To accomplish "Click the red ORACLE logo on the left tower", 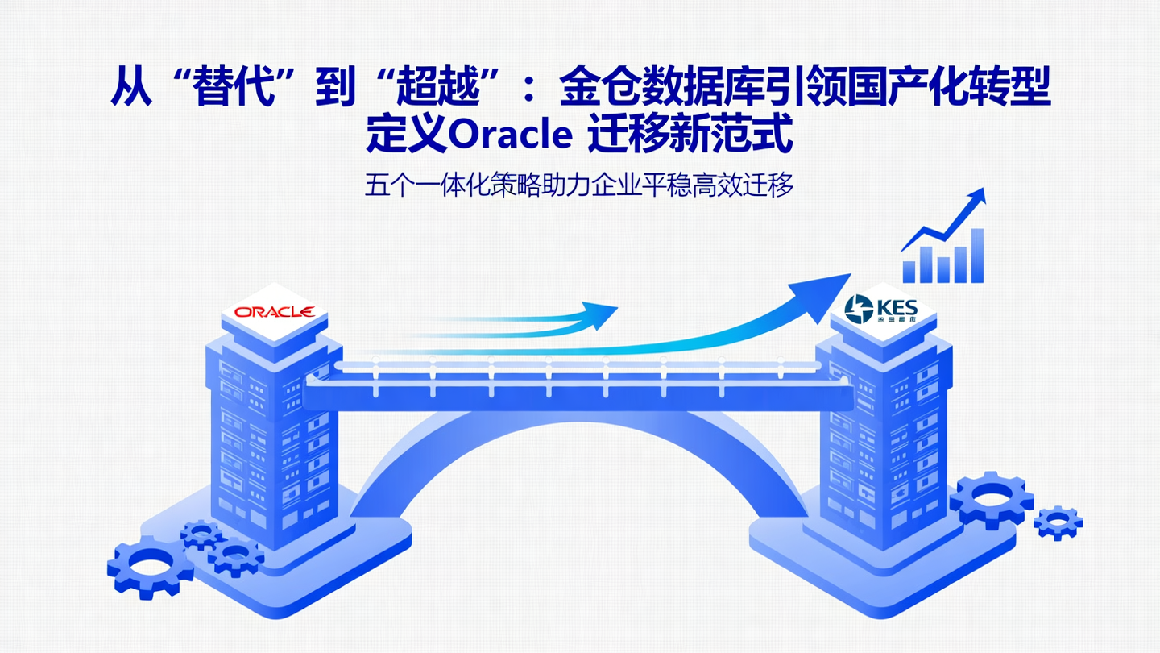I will pos(274,312).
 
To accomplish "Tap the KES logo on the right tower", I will pos(881,308).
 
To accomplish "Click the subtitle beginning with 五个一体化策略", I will pos(579,185).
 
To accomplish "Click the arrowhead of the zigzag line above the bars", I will pos(976,198).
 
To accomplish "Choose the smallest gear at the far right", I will pos(1057,522).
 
